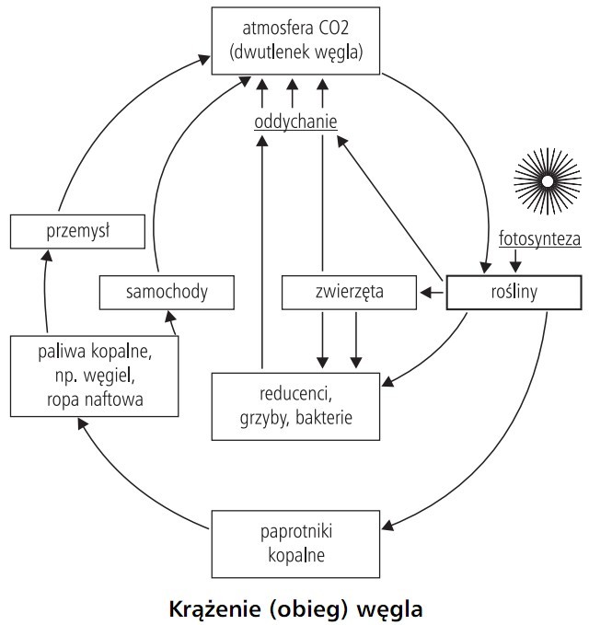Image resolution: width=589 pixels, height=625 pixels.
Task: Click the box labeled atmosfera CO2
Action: [x=294, y=40]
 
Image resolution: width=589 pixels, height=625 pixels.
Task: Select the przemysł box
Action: [x=78, y=231]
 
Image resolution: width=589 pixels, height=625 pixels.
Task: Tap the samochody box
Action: [x=167, y=293]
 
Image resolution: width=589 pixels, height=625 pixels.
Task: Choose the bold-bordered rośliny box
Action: [x=514, y=293]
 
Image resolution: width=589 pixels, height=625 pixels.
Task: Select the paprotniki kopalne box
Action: [x=294, y=543]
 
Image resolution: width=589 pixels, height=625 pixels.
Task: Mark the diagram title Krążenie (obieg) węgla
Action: [x=296, y=608]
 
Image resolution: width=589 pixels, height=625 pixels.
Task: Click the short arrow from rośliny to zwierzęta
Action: [x=432, y=294]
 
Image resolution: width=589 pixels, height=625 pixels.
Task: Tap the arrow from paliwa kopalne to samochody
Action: [x=171, y=323]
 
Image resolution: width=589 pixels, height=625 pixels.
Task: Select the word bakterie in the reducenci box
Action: [x=321, y=417]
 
